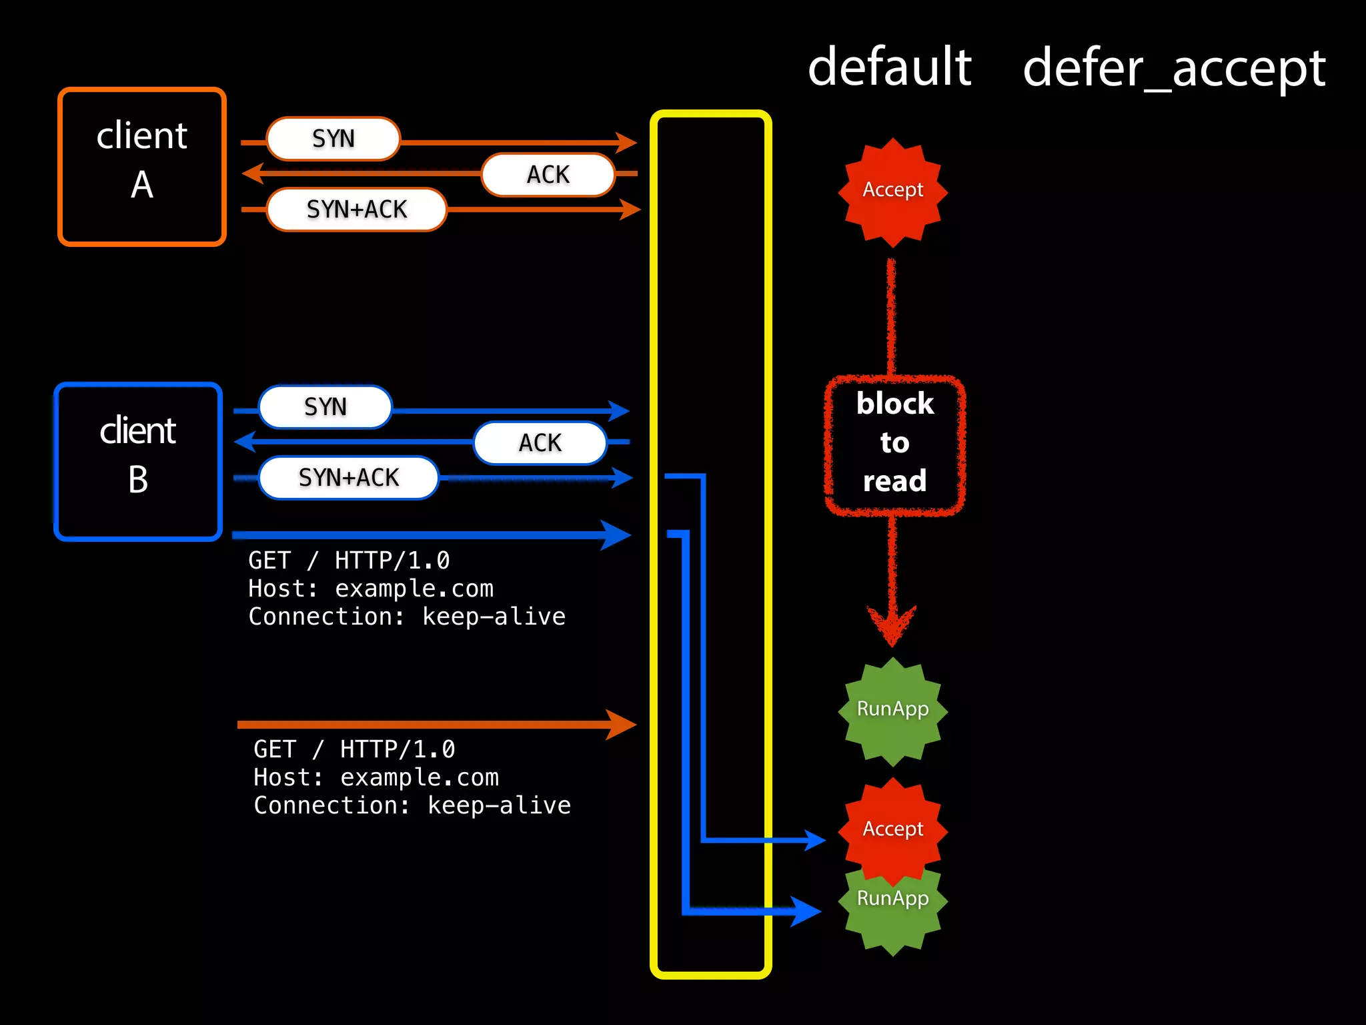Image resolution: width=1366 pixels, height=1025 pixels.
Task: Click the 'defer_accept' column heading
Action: point(1174,69)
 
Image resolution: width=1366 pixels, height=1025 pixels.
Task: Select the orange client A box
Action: point(142,167)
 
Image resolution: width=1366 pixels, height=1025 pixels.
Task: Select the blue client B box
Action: point(138,462)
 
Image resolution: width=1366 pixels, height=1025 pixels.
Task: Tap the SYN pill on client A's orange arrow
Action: point(333,139)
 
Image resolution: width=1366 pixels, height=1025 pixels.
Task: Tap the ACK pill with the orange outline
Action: point(548,175)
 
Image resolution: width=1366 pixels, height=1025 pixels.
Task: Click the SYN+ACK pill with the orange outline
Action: point(357,210)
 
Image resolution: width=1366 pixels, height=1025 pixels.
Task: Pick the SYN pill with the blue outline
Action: point(325,407)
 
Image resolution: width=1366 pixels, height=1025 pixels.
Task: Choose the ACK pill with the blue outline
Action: point(540,443)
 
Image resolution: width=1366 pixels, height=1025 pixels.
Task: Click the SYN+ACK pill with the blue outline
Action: point(349,478)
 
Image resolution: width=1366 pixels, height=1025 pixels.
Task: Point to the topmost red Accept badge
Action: point(892,191)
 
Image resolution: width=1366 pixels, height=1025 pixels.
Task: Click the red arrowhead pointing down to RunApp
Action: point(892,624)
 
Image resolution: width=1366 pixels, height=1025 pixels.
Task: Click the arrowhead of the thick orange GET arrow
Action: point(622,725)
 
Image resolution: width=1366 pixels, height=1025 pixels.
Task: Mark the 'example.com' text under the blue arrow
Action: point(414,589)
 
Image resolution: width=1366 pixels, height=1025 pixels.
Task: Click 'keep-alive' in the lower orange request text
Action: point(499,805)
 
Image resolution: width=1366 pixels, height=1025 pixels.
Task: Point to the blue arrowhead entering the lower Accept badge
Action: point(815,840)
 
